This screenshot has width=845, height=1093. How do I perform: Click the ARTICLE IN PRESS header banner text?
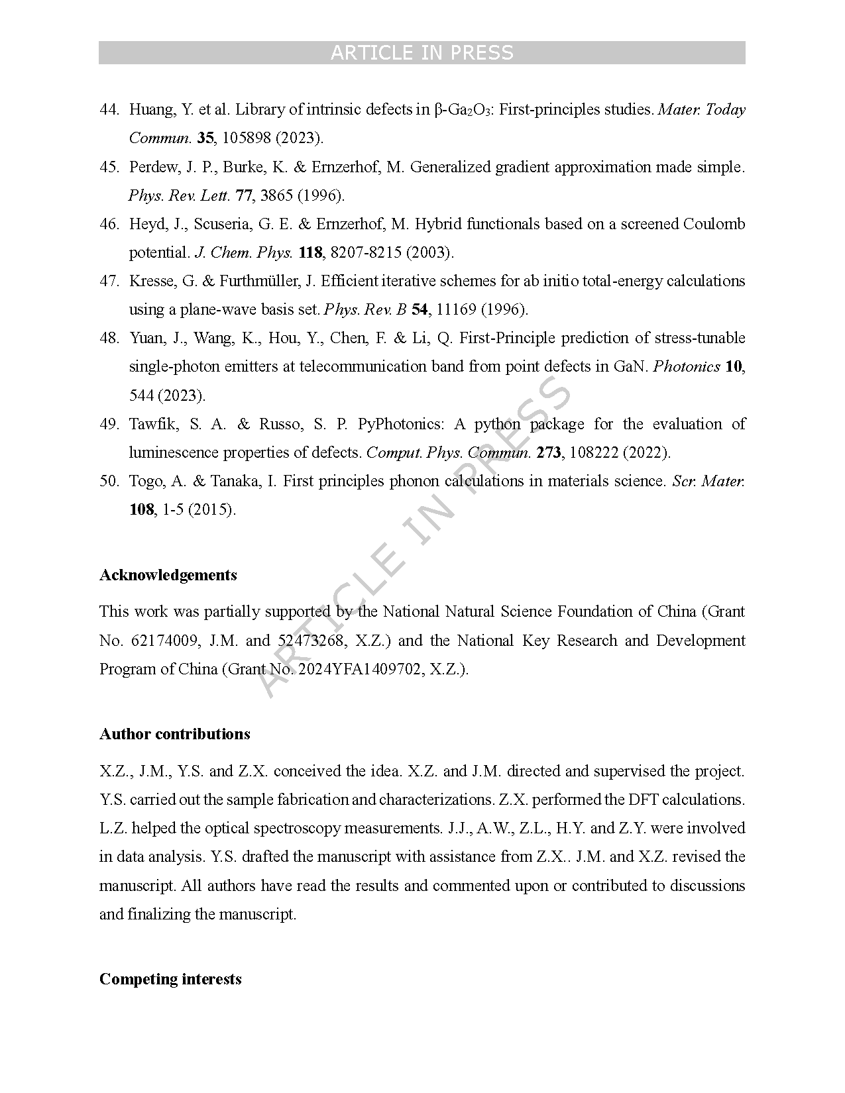coord(422,53)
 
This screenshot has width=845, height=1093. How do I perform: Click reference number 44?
coord(109,110)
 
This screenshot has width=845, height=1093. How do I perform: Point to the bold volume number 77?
coord(244,195)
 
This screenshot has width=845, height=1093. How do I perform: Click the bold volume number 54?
coord(420,309)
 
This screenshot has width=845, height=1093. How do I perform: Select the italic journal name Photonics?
coord(687,366)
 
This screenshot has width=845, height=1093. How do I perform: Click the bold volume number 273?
coord(549,452)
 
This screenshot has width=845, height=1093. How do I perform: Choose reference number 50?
coord(109,481)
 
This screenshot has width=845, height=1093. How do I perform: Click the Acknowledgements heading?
coord(168,575)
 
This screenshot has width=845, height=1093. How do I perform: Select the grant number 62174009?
coord(165,641)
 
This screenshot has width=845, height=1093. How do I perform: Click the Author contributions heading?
coord(175,734)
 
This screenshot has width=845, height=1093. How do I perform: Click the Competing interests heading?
coord(170,979)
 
